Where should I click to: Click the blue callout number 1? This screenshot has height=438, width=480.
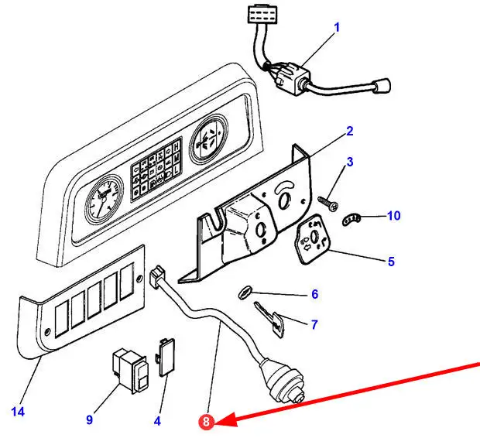tap(337, 28)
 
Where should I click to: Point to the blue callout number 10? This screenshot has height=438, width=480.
tap(394, 215)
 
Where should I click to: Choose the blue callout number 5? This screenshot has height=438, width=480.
tap(391, 262)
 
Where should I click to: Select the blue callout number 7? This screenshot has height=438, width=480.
tap(314, 325)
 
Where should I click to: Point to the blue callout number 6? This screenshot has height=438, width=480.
tap(314, 294)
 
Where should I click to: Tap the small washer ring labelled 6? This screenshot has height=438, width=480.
tap(242, 292)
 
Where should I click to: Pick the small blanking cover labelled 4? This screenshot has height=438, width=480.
tap(166, 355)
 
